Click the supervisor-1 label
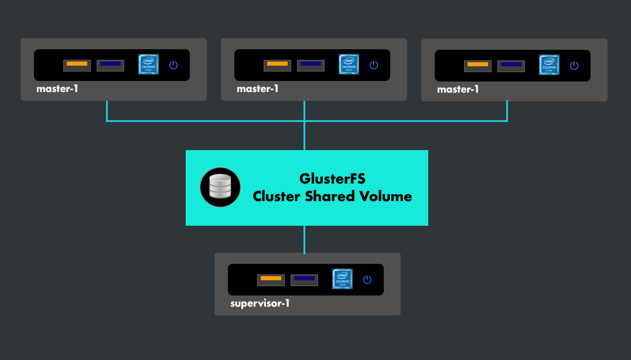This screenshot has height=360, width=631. (260, 304)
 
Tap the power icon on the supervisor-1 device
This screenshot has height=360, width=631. (367, 280)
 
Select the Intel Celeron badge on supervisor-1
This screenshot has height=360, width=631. (342, 279)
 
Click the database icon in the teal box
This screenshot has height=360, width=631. (220, 187)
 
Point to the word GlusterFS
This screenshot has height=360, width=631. (333, 179)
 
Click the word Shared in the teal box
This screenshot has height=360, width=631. (332, 196)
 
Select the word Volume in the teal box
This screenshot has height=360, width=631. (387, 196)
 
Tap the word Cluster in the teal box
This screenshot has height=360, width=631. (276, 196)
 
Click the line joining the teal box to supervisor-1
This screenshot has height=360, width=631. (305, 239)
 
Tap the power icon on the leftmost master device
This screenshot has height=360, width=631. (173, 64)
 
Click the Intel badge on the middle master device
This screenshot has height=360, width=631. (349, 64)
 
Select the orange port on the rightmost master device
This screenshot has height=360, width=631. (477, 65)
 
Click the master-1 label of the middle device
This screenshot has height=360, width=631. (258, 89)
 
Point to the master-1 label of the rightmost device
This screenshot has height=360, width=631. (458, 89)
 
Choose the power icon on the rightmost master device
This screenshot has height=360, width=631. (574, 65)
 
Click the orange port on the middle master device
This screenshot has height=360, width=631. (277, 65)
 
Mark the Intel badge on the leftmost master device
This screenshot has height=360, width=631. (148, 64)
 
